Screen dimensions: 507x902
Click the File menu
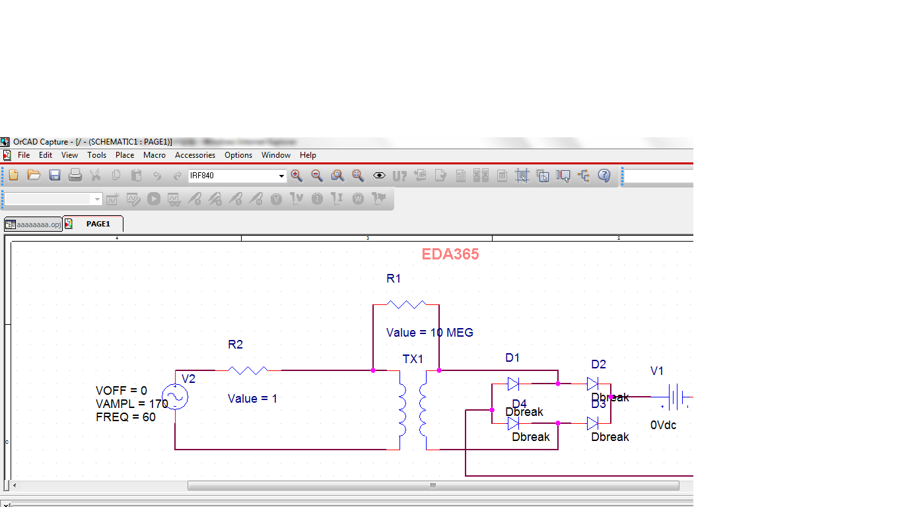pos(24,155)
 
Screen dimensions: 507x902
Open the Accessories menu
pos(195,155)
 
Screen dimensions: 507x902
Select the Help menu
pos(308,155)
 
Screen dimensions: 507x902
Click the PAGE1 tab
pos(98,224)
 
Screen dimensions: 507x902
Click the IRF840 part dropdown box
pos(237,176)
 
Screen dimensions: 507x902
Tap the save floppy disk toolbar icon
pos(55,176)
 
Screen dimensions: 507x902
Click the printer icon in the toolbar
pos(75,176)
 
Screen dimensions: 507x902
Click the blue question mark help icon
pos(604,176)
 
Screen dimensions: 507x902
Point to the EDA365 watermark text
pos(450,254)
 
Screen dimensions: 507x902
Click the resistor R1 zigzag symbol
pos(406,304)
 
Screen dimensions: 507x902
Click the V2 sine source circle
pos(175,397)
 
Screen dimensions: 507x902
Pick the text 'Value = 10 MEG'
pos(430,333)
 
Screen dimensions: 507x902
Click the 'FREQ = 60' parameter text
pos(125,417)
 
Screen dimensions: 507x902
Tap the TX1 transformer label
pos(413,359)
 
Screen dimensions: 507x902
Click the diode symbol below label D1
pos(513,384)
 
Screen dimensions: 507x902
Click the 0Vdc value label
pos(664,425)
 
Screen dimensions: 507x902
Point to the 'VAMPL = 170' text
pos(132,404)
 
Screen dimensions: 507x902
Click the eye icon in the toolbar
pos(379,176)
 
